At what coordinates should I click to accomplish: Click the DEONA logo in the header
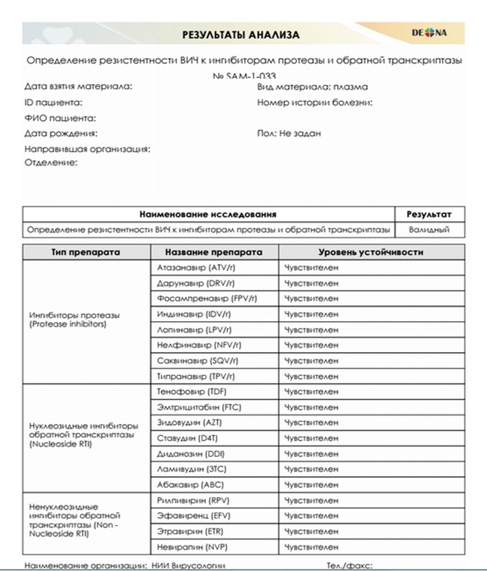(430, 33)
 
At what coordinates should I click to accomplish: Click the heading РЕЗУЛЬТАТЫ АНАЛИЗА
(241, 35)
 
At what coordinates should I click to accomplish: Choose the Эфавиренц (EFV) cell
(192, 515)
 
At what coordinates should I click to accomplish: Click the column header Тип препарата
(85, 251)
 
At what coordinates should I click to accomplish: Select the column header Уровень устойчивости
(370, 251)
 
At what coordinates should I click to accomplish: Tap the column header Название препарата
(213, 251)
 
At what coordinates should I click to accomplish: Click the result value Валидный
(428, 229)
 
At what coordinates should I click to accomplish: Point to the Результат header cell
(428, 214)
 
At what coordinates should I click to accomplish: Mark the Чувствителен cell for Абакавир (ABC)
(311, 484)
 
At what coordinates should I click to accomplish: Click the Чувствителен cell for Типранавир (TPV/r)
(311, 376)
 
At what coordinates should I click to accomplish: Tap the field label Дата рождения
(61, 134)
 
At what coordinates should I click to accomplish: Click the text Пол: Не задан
(289, 134)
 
